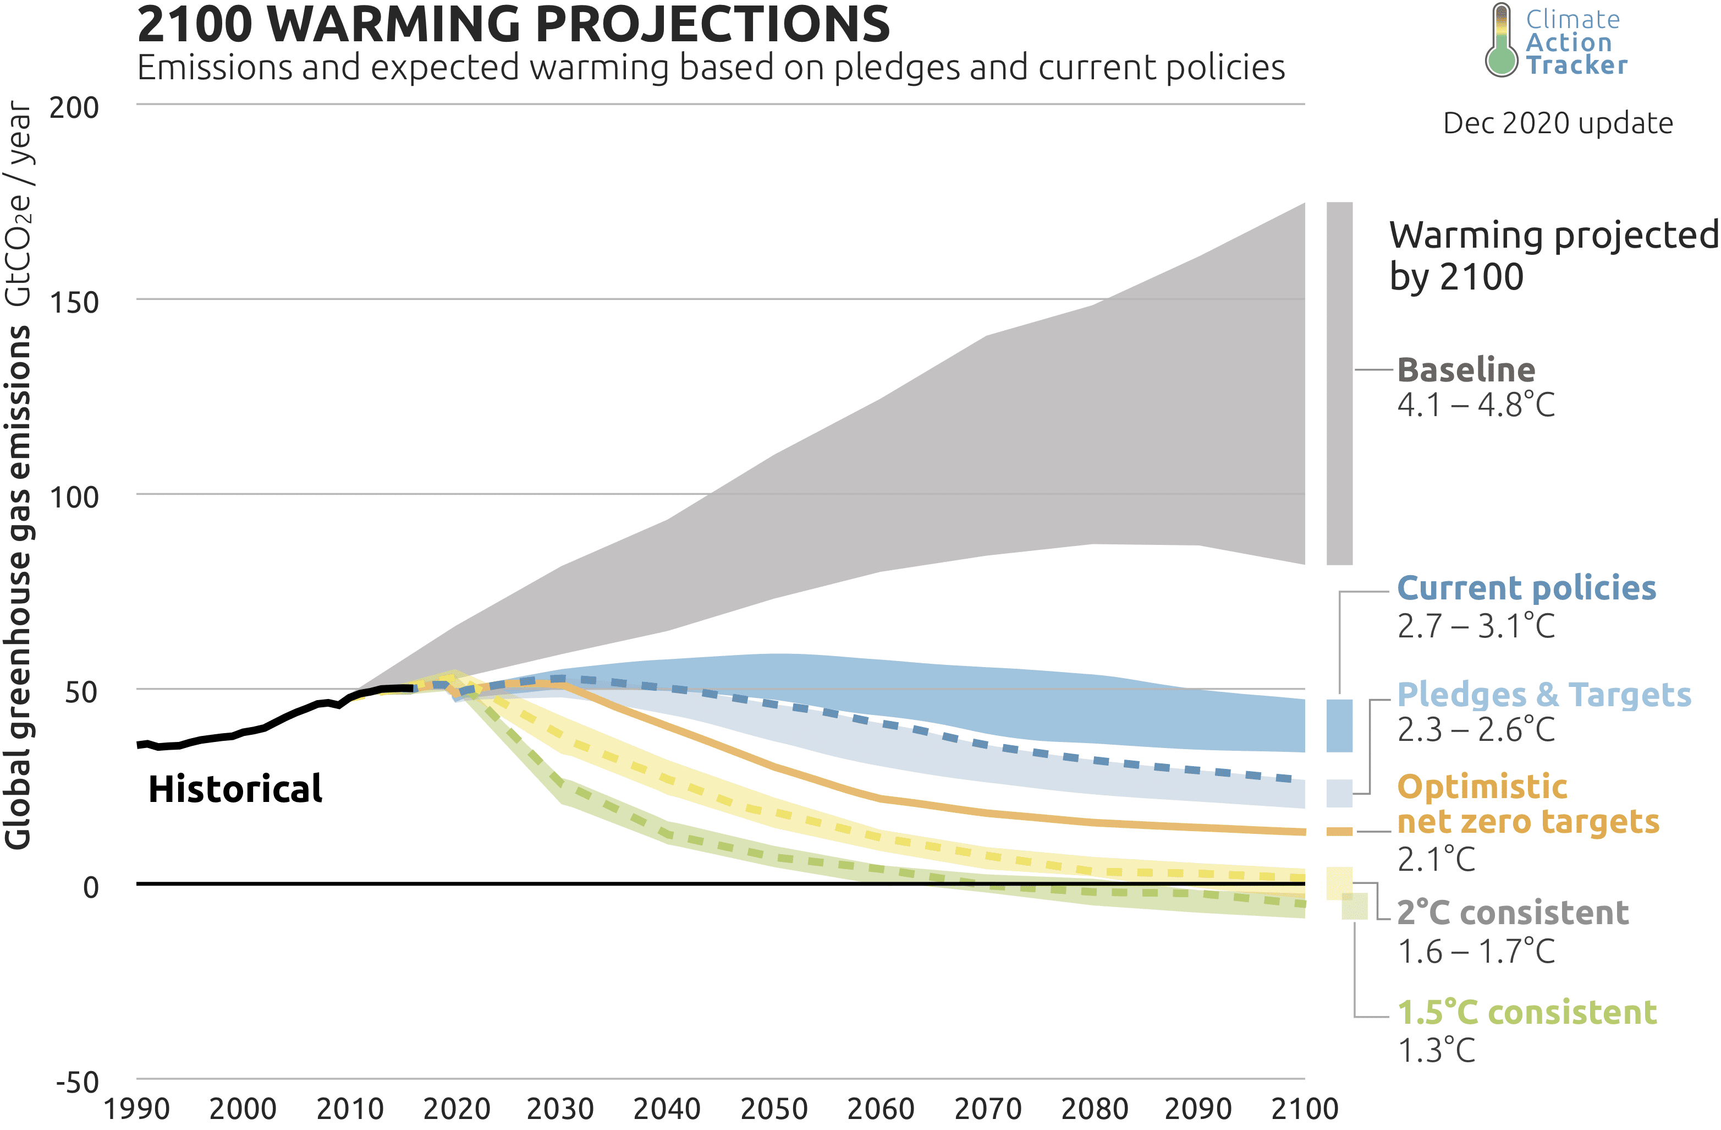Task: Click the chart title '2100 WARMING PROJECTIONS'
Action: (x=513, y=25)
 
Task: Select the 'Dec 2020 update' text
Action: (x=1558, y=124)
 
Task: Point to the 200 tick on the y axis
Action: (x=74, y=108)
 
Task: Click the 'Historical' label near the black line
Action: (x=235, y=789)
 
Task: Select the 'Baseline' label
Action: (x=1466, y=370)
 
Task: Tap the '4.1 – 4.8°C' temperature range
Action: (x=1475, y=405)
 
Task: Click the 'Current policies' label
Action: (x=1526, y=588)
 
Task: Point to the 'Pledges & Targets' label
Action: (x=1544, y=695)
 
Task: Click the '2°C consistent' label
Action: (x=1513, y=913)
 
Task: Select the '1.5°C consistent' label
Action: (x=1526, y=1013)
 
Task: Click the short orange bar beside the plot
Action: (x=1339, y=832)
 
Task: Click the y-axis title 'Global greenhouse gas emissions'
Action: (x=18, y=586)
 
